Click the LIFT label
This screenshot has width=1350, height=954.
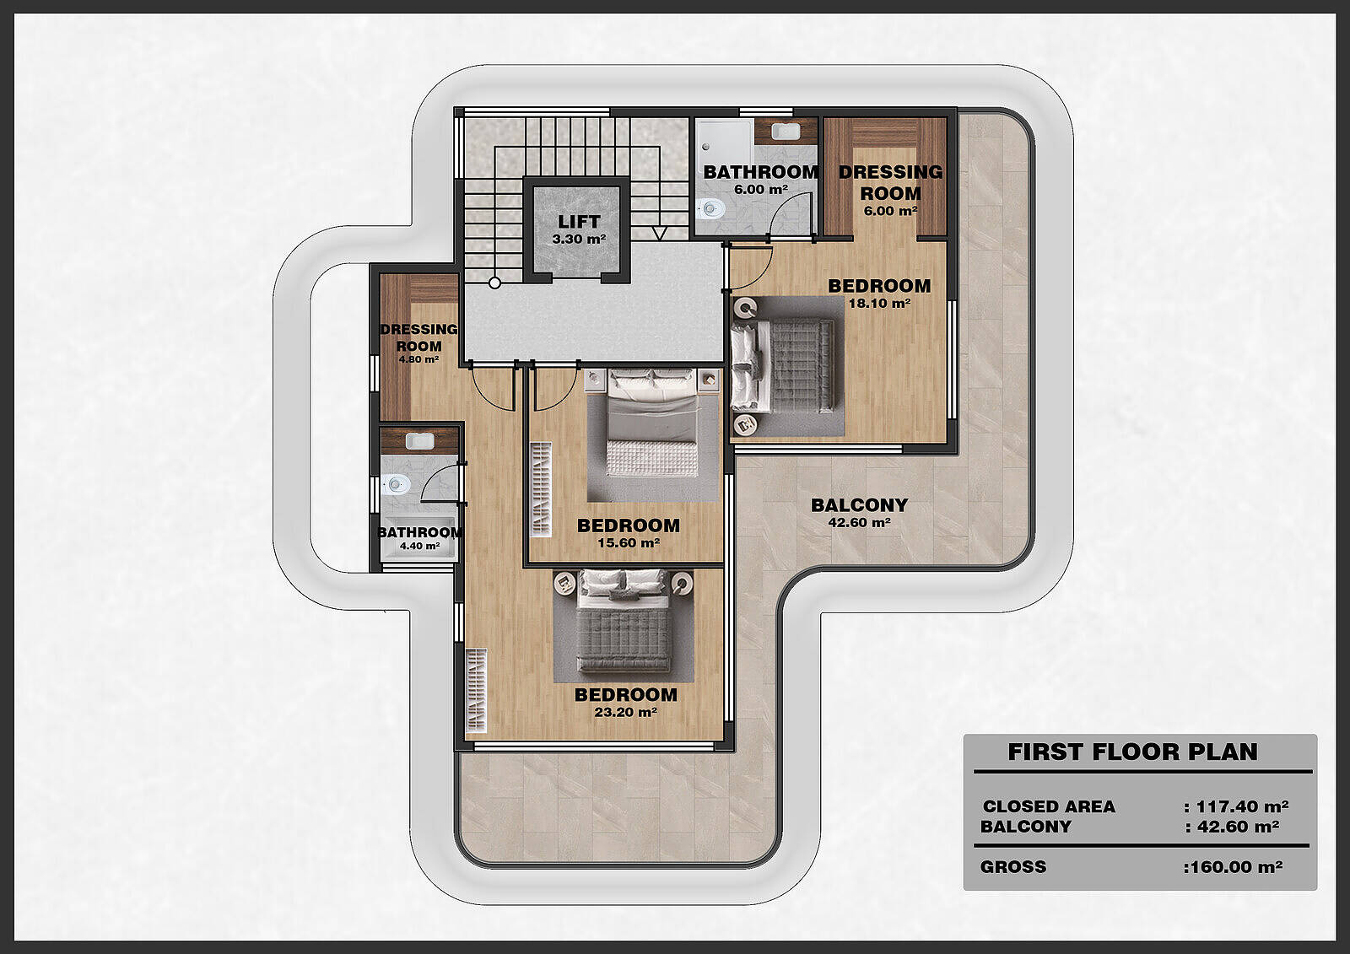[x=579, y=221]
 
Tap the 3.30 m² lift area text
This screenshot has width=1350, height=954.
[x=579, y=239]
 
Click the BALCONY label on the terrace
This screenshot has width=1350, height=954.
[x=859, y=505]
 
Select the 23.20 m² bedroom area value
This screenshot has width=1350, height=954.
[x=625, y=712]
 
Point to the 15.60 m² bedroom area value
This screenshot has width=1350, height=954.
[x=629, y=542]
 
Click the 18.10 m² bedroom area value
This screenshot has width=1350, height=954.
[x=879, y=303]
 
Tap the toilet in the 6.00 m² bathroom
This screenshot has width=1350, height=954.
[x=711, y=209]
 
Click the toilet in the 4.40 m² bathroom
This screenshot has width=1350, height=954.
[x=396, y=484]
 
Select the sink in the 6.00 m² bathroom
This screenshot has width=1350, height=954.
[x=786, y=131]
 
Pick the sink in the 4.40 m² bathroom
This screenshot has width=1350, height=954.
[x=420, y=441]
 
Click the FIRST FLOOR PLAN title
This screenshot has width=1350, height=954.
[x=1133, y=752]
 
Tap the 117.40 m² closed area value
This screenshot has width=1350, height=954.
[x=1242, y=806]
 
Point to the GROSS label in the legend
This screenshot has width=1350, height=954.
[x=1013, y=866]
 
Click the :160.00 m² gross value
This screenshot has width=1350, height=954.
[x=1233, y=867]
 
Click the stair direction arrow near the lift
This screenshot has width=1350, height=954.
[x=659, y=233]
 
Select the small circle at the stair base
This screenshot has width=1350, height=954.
[x=494, y=283]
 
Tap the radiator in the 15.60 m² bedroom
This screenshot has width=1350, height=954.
[x=541, y=489]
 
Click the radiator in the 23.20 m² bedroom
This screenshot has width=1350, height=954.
[x=477, y=691]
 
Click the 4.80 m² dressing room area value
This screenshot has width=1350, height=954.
[x=418, y=360]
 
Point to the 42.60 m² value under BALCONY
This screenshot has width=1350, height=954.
[x=860, y=522]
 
